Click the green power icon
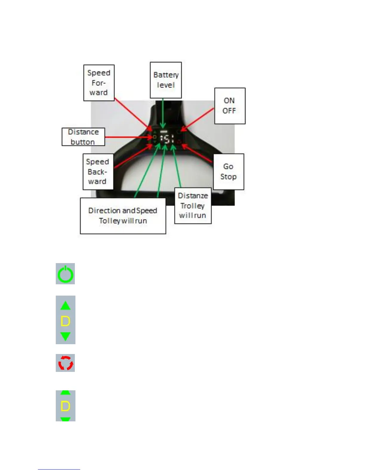[x=65, y=274]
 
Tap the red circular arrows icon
[x=66, y=363]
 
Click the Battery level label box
[x=166, y=80]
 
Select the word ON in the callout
[x=229, y=101]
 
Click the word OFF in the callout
[x=229, y=111]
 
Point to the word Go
[x=228, y=167]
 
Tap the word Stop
[x=228, y=177]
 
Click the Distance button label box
[x=83, y=137]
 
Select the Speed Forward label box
[x=99, y=83]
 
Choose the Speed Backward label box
[x=98, y=172]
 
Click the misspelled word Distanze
[x=193, y=196]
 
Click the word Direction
[x=104, y=211]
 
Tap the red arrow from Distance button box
[x=128, y=137]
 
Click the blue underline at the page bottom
[x=59, y=469]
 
